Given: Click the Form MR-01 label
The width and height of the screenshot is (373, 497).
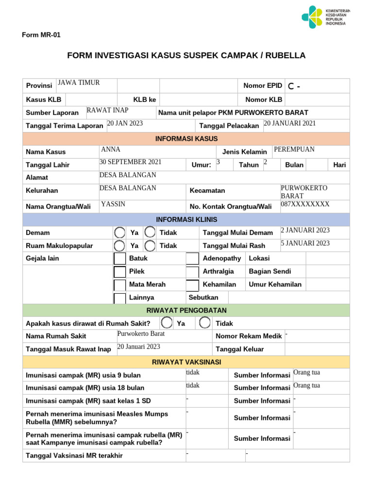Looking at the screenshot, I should (x=41, y=35).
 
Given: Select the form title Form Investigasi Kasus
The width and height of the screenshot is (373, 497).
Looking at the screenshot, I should (x=186, y=55).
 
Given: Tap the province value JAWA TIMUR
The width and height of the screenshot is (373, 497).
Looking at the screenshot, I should (x=79, y=83).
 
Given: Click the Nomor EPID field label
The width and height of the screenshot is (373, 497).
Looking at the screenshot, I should (x=262, y=86).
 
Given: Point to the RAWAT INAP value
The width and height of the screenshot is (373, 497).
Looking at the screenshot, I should (x=107, y=110).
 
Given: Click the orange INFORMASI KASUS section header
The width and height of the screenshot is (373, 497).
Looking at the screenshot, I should (x=186, y=139).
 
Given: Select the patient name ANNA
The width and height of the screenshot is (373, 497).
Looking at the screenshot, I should (x=110, y=149).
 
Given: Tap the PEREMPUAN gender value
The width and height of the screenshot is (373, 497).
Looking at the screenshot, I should (x=294, y=149).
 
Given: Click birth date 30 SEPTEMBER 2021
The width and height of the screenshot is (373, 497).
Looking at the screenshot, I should (x=130, y=162).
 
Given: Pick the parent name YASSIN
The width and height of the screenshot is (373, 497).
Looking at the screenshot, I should (x=113, y=204).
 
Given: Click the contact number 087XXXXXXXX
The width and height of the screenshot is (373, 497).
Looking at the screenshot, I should (x=305, y=204).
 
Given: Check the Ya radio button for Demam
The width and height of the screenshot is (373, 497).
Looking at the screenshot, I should (x=119, y=232).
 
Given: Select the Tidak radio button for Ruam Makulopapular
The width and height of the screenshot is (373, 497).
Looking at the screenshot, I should (x=150, y=246).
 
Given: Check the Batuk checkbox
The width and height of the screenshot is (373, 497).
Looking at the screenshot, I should (x=119, y=259).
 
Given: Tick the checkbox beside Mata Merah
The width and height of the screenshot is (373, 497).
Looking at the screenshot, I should (x=119, y=285).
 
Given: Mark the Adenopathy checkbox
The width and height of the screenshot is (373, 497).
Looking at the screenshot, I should (x=192, y=259).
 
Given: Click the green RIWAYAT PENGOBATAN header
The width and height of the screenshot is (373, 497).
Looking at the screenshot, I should (x=186, y=311).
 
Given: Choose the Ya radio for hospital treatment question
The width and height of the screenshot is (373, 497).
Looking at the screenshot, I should (x=167, y=323).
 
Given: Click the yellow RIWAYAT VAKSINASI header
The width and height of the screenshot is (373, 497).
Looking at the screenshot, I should (x=186, y=362).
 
